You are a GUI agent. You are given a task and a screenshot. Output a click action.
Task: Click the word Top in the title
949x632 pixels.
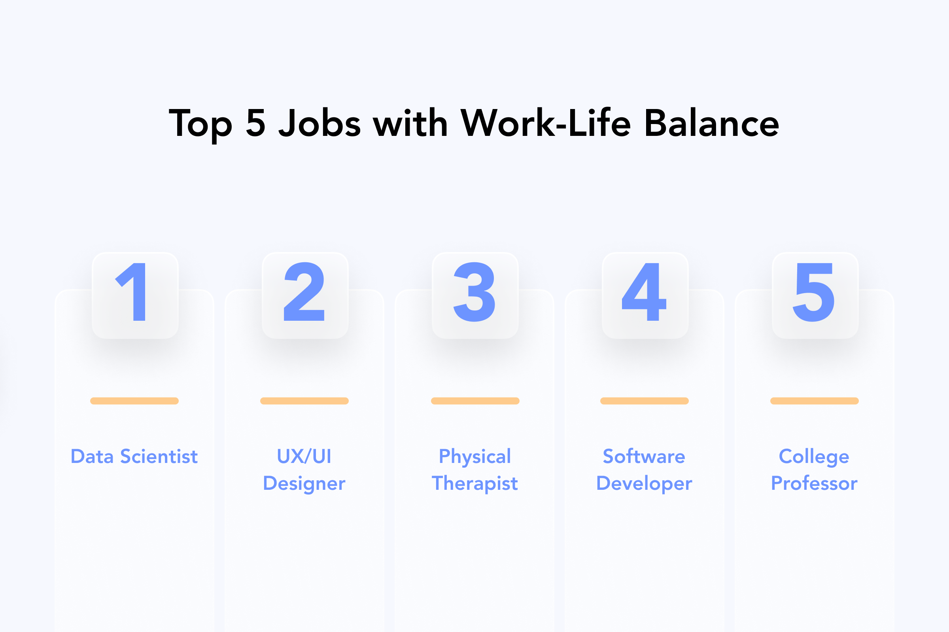tap(200, 124)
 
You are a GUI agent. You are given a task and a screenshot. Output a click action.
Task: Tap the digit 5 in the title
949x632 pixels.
tap(256, 122)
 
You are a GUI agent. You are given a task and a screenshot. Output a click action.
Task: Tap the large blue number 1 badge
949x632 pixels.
tap(135, 295)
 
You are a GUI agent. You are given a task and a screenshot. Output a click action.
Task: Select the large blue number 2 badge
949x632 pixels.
tap(305, 295)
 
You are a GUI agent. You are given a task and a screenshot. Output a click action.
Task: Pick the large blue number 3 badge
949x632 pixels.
tap(475, 295)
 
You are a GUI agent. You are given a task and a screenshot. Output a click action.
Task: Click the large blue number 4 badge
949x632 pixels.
tap(645, 295)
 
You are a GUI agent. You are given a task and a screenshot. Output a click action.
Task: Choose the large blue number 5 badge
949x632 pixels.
tap(815, 295)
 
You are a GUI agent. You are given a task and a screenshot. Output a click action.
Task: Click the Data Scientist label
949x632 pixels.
tap(134, 457)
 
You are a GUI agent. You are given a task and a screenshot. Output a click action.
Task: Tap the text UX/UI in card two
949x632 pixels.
tap(304, 457)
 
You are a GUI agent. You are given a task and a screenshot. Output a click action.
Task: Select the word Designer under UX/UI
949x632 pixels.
tap(304, 483)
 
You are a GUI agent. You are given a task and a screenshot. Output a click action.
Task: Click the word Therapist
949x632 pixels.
tap(475, 483)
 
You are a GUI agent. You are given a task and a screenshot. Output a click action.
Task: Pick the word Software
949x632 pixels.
tap(644, 457)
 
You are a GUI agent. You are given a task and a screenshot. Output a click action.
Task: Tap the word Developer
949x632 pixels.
tap(645, 483)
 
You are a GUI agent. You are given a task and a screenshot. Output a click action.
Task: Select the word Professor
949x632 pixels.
tap(814, 483)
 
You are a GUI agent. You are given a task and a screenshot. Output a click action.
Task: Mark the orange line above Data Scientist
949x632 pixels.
tap(134, 401)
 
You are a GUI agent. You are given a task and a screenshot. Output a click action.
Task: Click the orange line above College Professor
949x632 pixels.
tap(815, 401)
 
